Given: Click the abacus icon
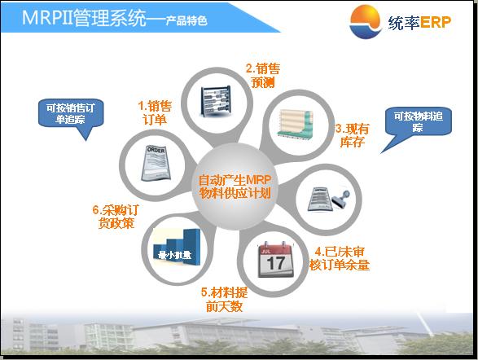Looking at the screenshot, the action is tap(216, 101).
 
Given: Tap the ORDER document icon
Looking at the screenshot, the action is tap(156, 163).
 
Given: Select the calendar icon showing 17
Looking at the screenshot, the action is tap(275, 259).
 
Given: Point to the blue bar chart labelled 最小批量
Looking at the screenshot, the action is tap(176, 248).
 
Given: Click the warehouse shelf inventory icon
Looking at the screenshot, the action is tap(296, 124).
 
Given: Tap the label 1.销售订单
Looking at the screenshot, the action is tap(155, 112).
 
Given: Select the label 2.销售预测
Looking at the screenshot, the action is tap(263, 75).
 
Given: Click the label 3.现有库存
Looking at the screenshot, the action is tap(352, 135).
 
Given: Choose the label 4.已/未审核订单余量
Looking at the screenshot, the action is tap(340, 258).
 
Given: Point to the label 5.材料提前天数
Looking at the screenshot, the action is tap(224, 300).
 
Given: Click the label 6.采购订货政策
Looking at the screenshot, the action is tap(116, 217).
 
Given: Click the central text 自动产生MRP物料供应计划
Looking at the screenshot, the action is tap(235, 187).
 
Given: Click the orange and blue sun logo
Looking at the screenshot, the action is tap(366, 22).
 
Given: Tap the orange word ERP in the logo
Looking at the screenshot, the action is tap(436, 22).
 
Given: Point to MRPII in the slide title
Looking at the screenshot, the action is tap(47, 17).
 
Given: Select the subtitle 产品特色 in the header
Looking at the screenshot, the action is tap(186, 20).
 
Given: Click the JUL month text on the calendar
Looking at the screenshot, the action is tap(265, 251).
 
